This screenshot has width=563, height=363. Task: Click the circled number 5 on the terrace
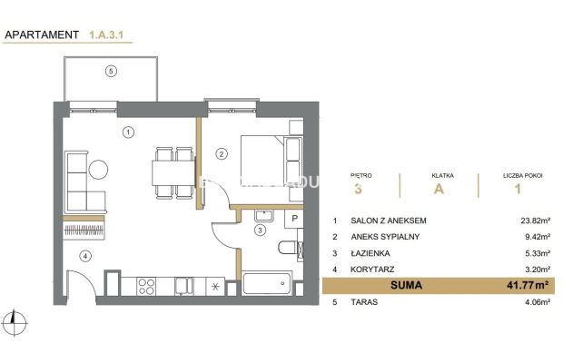coord(111,71)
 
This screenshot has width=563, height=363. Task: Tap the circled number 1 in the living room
coord(128,132)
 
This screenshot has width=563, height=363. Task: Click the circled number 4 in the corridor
coord(85,255)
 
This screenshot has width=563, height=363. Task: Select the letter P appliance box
coord(294,219)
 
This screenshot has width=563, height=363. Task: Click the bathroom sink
coord(266,216)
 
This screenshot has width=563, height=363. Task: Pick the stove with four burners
coord(148,287)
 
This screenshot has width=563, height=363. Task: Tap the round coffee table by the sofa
coord(98,168)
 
